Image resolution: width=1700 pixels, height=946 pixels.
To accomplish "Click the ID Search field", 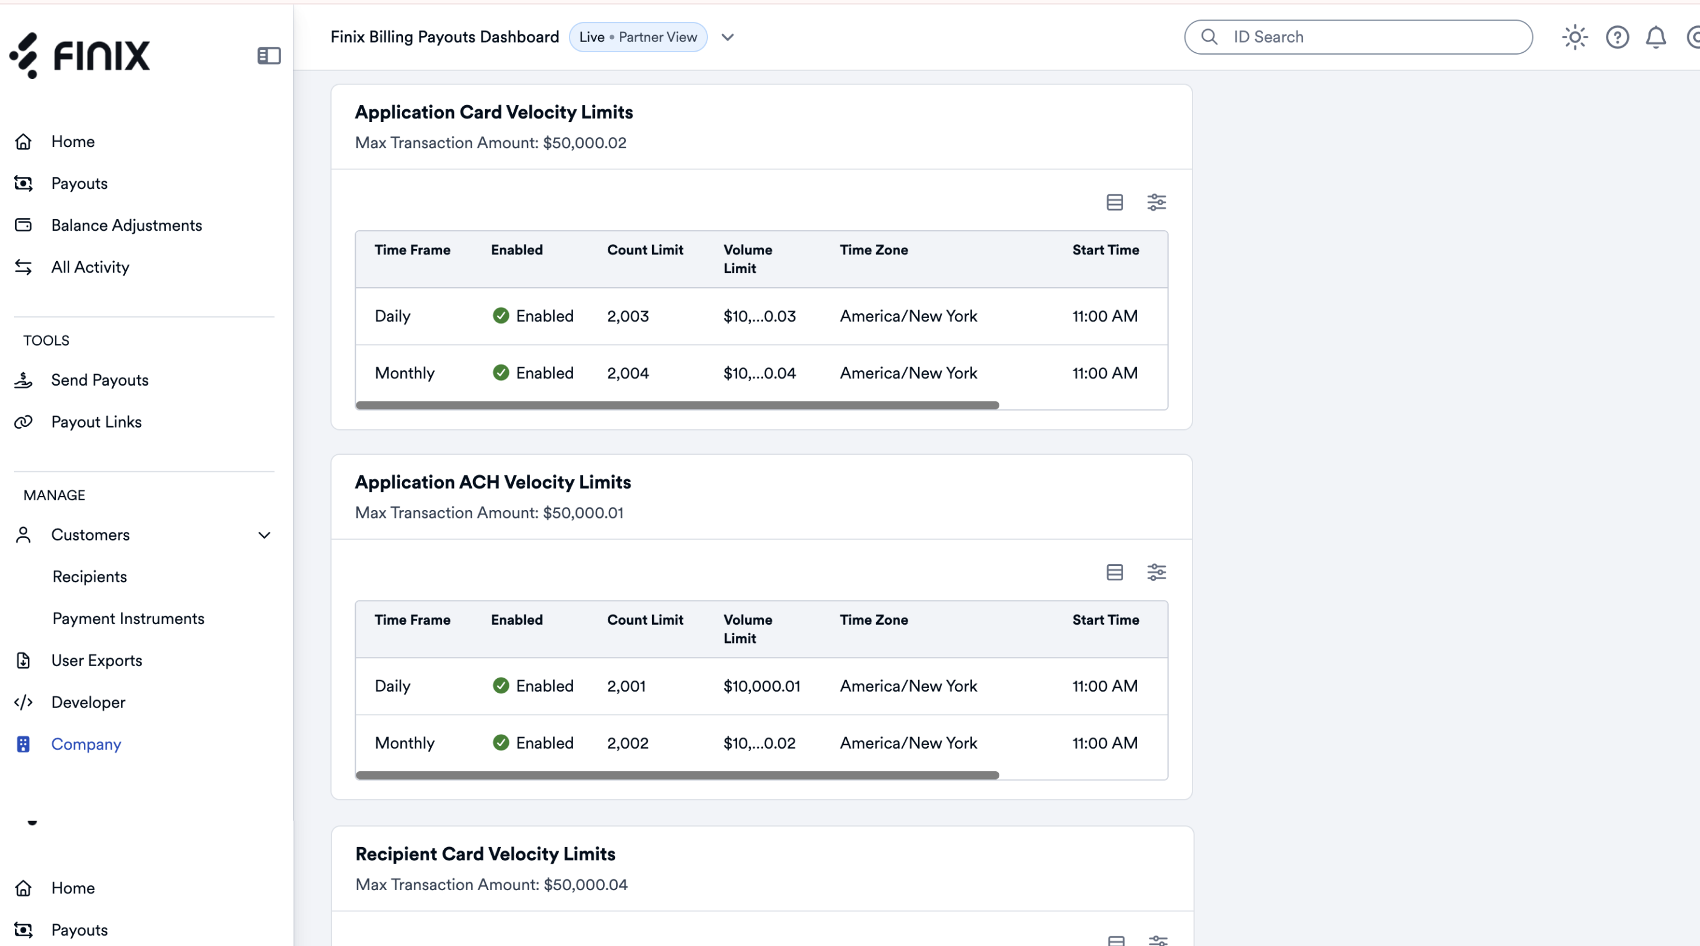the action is point(1358,37).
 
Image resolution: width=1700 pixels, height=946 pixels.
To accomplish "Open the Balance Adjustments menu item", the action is point(127,225).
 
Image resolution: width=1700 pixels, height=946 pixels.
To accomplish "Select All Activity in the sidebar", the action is point(90,267).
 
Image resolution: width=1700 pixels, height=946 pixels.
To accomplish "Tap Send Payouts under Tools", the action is point(100,379).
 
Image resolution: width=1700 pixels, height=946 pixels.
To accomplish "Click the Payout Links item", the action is point(97,422).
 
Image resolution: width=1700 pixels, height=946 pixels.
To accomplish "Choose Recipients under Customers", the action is point(90,576).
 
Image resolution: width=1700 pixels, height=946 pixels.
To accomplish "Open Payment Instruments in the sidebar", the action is point(129,619).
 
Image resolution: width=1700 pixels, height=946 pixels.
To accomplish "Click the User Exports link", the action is point(97,660).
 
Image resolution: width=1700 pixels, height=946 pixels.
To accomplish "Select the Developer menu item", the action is point(89,703).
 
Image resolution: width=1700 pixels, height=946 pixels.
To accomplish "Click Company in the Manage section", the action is point(86,744).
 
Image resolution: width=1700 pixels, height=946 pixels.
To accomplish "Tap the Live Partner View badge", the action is point(638,37).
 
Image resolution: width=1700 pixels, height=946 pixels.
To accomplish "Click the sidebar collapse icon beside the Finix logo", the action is point(269,55).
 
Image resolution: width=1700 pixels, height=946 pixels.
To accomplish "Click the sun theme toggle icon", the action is point(1574,37).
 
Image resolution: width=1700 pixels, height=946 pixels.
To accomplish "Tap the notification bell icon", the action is point(1656,37).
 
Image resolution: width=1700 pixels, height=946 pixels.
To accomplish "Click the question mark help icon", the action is point(1617,37).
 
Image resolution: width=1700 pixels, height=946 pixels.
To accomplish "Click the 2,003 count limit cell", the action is point(628,316).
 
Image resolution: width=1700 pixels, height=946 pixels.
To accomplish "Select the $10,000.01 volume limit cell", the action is point(761,686).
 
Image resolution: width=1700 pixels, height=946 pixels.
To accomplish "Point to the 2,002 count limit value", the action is point(628,743).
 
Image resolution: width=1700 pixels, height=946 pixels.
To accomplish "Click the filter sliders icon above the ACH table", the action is point(1156,572).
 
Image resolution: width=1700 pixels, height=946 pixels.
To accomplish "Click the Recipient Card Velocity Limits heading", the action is point(485,854).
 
